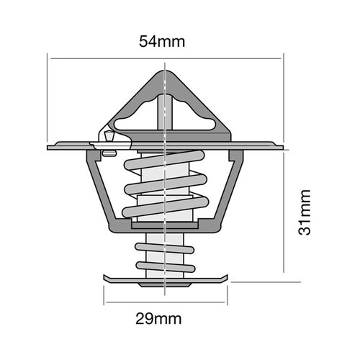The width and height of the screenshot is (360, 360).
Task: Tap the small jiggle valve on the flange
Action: pos(109,138)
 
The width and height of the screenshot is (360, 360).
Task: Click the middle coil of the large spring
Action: pos(165,189)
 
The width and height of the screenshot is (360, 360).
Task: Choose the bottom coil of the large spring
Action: pos(165,211)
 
